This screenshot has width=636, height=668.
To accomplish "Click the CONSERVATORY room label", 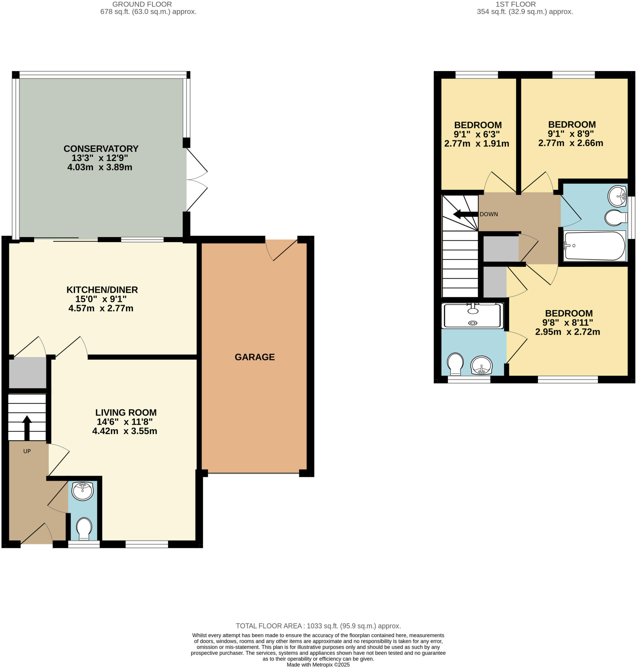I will [x=101, y=149].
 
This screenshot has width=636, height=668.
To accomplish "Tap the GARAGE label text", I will [x=255, y=357].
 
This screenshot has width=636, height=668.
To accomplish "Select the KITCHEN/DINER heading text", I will [x=102, y=290].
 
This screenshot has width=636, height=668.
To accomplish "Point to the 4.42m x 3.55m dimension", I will [x=124, y=431].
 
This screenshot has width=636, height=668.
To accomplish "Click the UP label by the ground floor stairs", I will [x=27, y=451].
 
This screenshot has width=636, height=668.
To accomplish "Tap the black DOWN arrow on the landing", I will [x=465, y=214].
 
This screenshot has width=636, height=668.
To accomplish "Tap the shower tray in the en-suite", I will [x=472, y=316].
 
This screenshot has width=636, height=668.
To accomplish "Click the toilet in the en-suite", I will [x=455, y=364].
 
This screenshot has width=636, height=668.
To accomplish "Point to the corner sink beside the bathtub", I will [x=617, y=196].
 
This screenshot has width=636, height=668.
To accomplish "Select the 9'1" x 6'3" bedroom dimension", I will [x=477, y=134].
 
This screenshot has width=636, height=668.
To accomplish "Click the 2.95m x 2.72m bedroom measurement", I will [x=567, y=332].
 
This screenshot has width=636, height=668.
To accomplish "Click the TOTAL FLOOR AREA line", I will [x=318, y=626].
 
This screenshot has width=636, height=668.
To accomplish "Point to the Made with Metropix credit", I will [x=318, y=665].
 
